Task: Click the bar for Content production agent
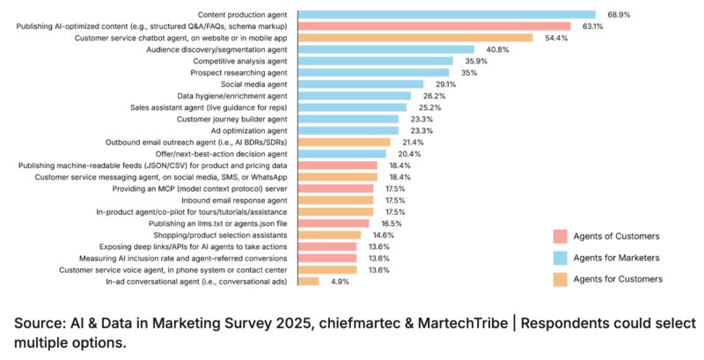446,15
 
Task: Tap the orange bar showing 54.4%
414,38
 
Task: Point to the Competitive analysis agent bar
375,62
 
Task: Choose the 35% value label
469,73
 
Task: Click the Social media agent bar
360,84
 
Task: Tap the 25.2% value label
429,107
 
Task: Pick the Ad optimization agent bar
348,130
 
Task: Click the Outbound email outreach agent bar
344,142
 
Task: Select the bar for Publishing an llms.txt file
333,224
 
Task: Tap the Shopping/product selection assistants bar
329,235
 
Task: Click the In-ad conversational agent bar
308,281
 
